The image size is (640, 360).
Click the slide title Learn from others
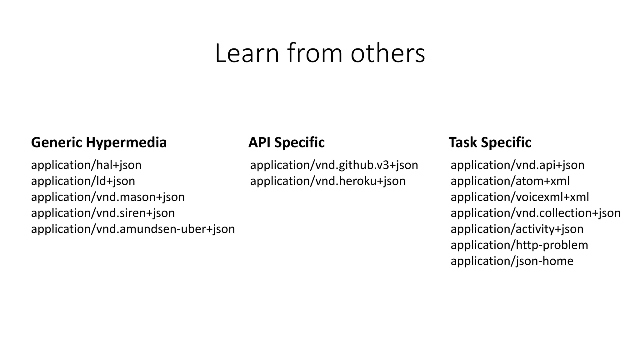[x=320, y=53]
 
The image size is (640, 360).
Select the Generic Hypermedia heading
[x=99, y=142]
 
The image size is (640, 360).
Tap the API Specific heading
[x=286, y=142]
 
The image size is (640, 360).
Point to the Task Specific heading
[x=490, y=142]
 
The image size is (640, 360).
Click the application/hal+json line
[x=86, y=165]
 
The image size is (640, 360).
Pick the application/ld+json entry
[x=83, y=181]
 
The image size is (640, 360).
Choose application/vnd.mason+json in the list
[x=108, y=197]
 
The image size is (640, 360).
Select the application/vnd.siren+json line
[x=103, y=213]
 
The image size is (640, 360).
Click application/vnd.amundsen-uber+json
[x=133, y=229]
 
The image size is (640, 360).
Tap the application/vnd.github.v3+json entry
[x=334, y=165]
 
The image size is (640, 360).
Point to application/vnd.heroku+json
[x=328, y=181]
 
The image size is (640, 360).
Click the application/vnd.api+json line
[x=517, y=165]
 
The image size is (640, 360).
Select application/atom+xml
[x=510, y=181]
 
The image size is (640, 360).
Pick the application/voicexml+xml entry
[x=520, y=197]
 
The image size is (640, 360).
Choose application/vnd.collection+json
[x=536, y=213]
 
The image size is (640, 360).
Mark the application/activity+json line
[x=517, y=229]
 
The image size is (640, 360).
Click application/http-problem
[x=519, y=245]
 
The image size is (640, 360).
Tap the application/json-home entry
[x=512, y=261]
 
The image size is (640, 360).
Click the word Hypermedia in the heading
[x=126, y=142]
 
